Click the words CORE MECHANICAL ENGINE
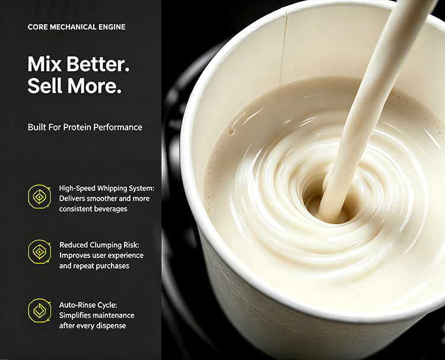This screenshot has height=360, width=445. pyautogui.click(x=77, y=27)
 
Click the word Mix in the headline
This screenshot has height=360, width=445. pyautogui.click(x=44, y=64)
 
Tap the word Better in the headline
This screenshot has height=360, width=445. pyautogui.click(x=98, y=64)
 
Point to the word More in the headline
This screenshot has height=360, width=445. pyautogui.click(x=94, y=85)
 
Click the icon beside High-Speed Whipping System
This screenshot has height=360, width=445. pyautogui.click(x=39, y=196)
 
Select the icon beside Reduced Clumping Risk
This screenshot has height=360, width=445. pyautogui.click(x=39, y=251)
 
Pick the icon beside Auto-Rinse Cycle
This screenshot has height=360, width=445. pyautogui.click(x=39, y=310)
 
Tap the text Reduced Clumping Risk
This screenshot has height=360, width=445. pyautogui.click(x=99, y=245)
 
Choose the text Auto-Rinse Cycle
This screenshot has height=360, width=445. pyautogui.click(x=88, y=305)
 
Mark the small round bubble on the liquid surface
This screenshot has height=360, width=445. pyautogui.click(x=231, y=131)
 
